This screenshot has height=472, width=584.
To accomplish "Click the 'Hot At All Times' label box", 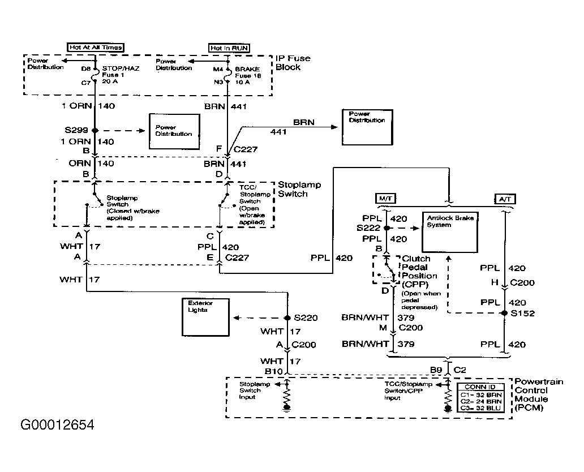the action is (x=96, y=48).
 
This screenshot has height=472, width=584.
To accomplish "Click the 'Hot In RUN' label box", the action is (x=229, y=48).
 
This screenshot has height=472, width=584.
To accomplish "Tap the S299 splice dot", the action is (x=95, y=130).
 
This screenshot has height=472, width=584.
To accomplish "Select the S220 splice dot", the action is (x=287, y=317).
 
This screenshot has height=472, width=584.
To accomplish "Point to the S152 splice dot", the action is (x=505, y=313).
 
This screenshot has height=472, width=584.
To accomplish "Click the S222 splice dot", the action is (x=387, y=228).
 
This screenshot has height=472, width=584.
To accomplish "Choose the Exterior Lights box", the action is (x=205, y=317).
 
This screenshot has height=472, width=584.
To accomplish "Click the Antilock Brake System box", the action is (x=450, y=232).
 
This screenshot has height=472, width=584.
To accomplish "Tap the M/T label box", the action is (x=385, y=199).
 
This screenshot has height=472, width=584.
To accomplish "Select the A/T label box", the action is (x=505, y=199).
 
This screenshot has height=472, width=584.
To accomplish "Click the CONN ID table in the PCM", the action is (x=481, y=398).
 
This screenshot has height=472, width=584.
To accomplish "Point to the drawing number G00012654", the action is (x=57, y=424).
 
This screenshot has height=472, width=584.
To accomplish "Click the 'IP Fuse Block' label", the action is (x=293, y=63).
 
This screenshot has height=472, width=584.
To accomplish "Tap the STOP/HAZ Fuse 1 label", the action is (x=121, y=75).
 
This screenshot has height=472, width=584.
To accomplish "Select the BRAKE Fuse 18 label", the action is (x=248, y=76).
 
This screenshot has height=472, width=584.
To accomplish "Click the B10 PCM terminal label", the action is (x=273, y=371).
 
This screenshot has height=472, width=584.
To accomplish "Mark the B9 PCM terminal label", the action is (x=436, y=370).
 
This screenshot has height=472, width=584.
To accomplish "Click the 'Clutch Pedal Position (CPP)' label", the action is (x=419, y=272).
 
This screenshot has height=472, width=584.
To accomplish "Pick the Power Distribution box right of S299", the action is (x=174, y=131).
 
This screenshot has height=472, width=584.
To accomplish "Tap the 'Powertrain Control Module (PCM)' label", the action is (x=539, y=394).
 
